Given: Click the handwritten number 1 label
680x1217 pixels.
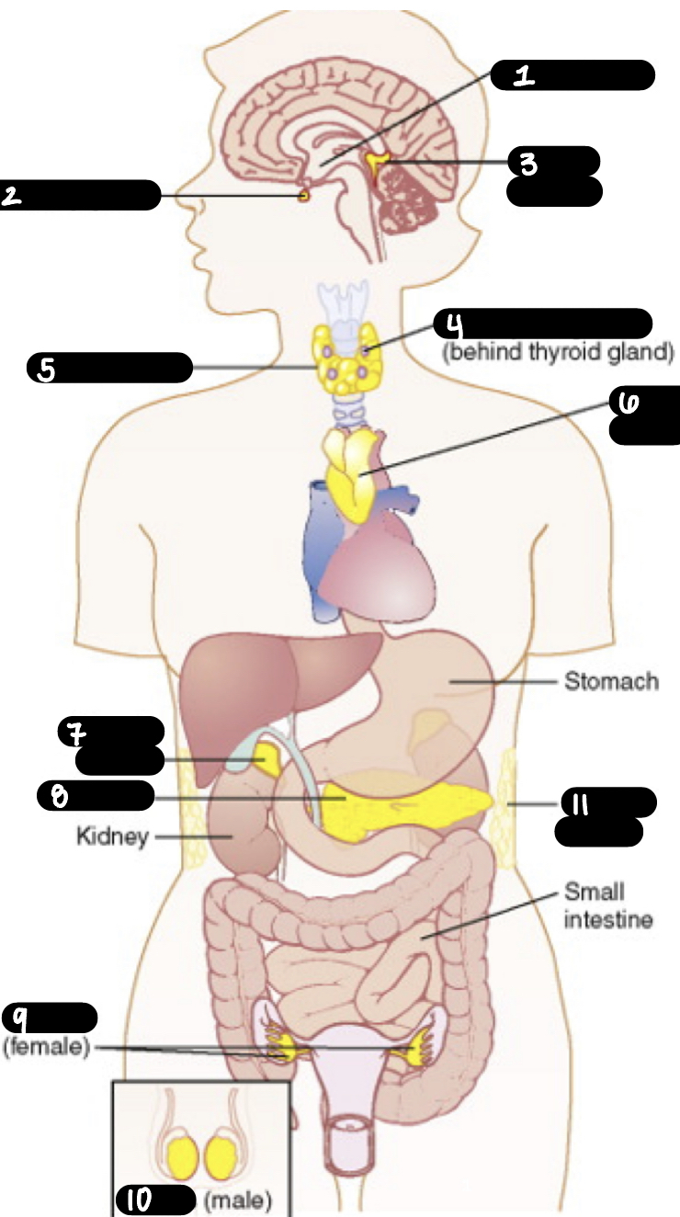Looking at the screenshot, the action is coord(524,75).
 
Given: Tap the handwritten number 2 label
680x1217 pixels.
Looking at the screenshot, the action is coord(12,195).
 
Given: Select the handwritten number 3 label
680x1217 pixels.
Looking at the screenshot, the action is coord(527,164).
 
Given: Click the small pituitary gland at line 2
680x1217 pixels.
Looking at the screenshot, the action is coord(304,195).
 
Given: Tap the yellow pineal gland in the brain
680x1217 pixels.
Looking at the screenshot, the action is coord(376,163).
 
